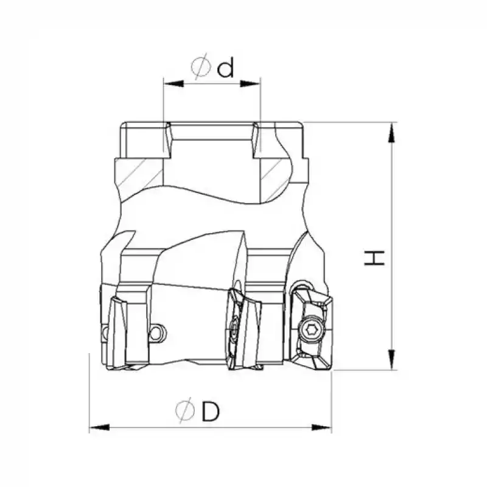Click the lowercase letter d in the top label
pyautogui.click(x=226, y=68)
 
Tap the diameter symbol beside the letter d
pyautogui.click(x=200, y=67)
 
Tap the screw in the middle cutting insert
pyautogui.click(x=234, y=329)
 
